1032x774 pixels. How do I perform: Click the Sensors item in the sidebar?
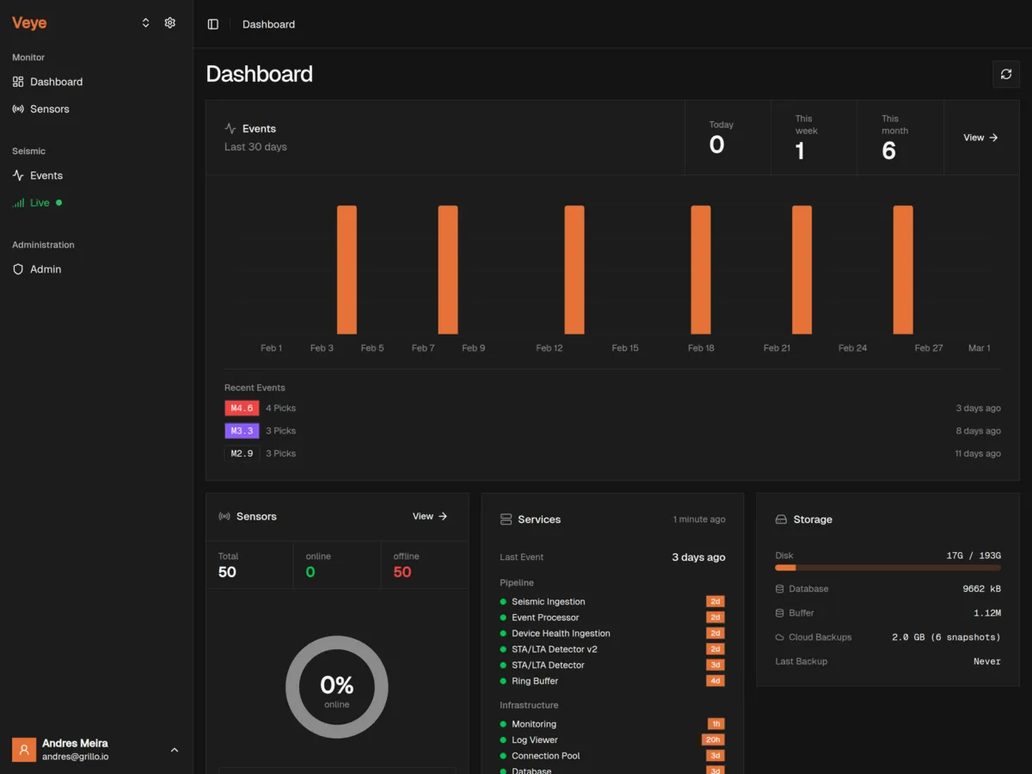[49, 109]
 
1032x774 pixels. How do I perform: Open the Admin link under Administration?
[45, 269]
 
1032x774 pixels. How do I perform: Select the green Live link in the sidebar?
[40, 203]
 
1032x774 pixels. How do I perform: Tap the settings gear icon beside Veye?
[170, 23]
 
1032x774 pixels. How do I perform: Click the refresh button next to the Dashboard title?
[1006, 74]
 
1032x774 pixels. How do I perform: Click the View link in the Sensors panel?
[430, 516]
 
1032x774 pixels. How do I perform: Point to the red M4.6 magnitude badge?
[242, 408]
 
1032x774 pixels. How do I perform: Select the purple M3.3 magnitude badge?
[242, 431]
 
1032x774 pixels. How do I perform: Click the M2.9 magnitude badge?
[242, 453]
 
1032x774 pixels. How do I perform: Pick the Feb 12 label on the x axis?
[550, 348]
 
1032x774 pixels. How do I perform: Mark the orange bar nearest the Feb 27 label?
[903, 269]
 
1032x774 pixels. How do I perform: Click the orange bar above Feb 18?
[701, 269]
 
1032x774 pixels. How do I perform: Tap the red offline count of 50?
[402, 572]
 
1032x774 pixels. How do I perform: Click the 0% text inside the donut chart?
[336, 685]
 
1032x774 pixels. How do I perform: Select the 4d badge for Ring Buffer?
[715, 681]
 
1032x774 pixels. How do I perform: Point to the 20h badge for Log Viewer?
[713, 740]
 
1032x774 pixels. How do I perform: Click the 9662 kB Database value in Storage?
[981, 589]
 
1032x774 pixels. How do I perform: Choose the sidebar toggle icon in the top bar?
[213, 24]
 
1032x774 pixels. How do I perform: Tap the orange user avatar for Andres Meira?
[24, 750]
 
